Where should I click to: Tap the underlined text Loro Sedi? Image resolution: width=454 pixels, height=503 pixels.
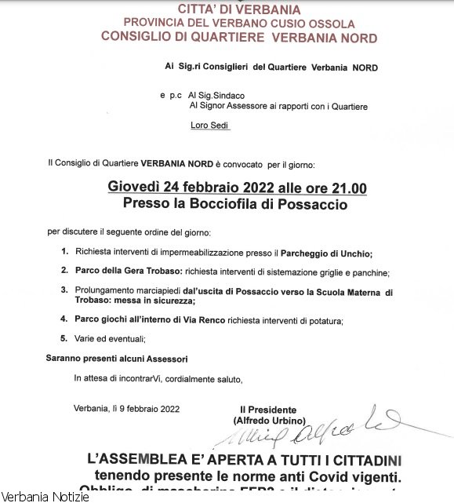[x=209, y=126]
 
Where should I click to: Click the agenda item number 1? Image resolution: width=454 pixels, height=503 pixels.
[x=64, y=253]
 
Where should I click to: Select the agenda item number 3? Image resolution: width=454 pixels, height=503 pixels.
[x=64, y=290]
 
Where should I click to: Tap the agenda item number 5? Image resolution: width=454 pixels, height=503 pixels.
[x=64, y=338]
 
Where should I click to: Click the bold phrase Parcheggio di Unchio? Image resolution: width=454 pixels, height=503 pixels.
[x=326, y=253]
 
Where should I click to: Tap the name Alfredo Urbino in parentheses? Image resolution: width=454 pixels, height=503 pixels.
[x=268, y=421]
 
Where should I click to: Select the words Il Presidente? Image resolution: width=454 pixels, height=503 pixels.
[x=268, y=410]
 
